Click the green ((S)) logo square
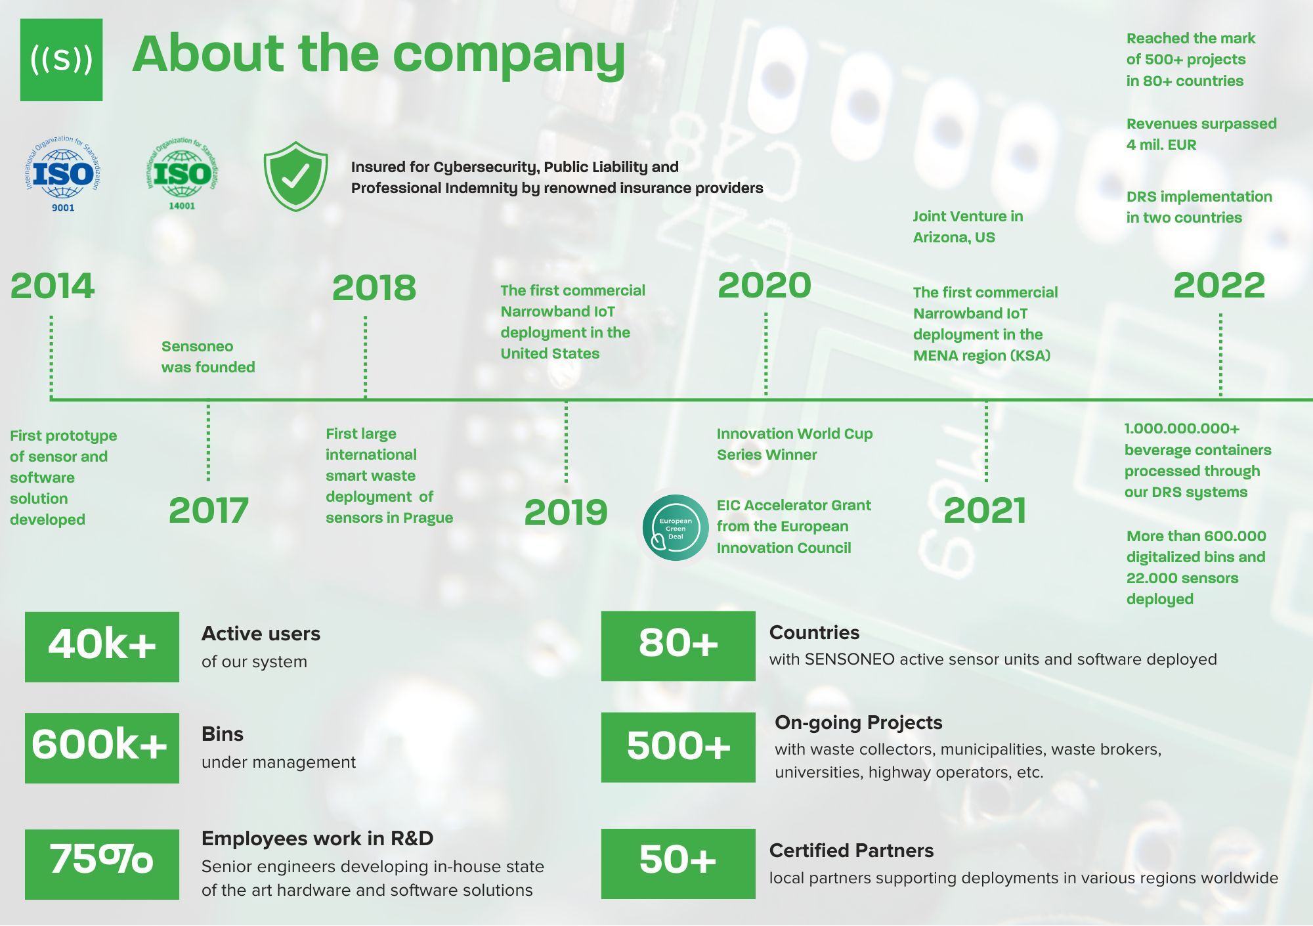61,60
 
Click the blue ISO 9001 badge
63,174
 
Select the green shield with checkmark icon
295,176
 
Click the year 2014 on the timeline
53,286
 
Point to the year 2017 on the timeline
209,510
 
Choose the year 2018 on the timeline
374,288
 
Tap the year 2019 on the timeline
566,512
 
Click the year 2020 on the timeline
765,285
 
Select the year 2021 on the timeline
985,510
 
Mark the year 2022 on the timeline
1219,285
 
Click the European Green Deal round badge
676,528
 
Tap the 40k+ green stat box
102,647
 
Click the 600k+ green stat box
102,748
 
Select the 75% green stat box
102,864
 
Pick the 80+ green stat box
678,646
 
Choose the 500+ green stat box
678,747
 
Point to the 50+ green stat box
678,864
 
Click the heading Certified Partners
851,850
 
